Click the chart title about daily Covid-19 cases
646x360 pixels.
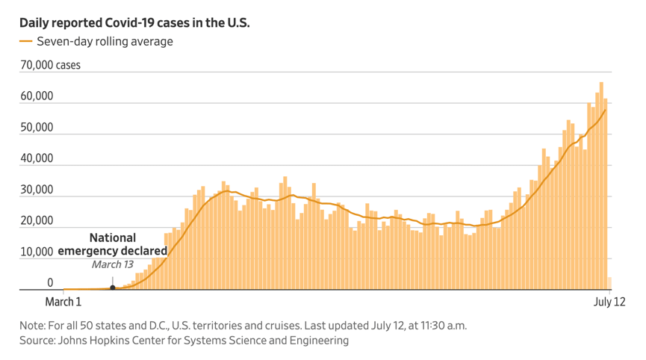pyautogui.click(x=134, y=23)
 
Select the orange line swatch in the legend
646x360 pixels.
pyautogui.click(x=26, y=42)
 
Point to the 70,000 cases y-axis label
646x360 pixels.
pyautogui.click(x=50, y=66)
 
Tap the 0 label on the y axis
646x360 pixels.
pyautogui.click(x=50, y=284)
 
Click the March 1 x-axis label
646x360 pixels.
pyautogui.click(x=63, y=302)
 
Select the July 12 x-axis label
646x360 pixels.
pyautogui.click(x=609, y=302)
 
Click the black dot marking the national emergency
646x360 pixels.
pyautogui.click(x=112, y=288)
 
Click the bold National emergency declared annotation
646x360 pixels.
pyautogui.click(x=113, y=244)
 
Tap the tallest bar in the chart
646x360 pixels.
pyautogui.click(x=601, y=187)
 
